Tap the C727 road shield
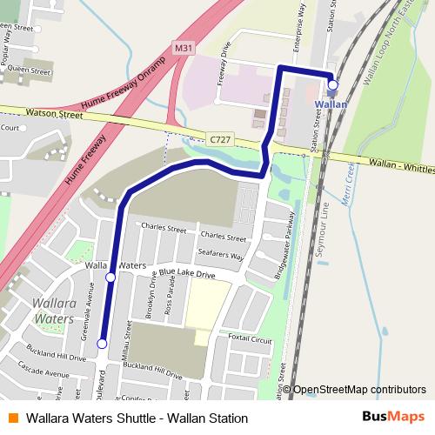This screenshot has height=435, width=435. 220,137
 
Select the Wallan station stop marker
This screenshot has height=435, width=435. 333,84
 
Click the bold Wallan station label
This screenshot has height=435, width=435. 331,104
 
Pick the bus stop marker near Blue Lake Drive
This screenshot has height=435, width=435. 110,278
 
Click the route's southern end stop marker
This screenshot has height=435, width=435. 102,345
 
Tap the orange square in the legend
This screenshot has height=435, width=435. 11,418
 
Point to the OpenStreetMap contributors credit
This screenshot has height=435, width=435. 358,390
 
